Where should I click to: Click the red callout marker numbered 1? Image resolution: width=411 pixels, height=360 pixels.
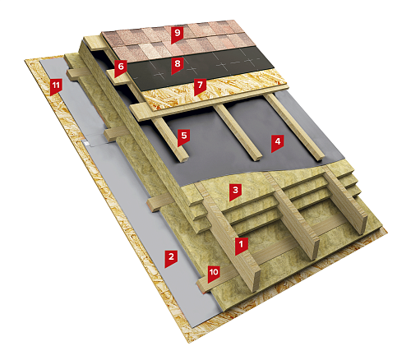coord(242,246)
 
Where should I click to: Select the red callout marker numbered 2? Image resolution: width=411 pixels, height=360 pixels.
coord(171,258)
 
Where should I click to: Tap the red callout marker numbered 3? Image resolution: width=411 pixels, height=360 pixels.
coord(235,192)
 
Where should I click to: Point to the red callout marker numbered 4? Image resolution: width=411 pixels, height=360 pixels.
coord(278,143)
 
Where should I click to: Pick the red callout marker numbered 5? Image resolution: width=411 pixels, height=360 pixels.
coord(184,137)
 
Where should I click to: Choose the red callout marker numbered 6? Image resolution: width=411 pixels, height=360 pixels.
coord(121,67)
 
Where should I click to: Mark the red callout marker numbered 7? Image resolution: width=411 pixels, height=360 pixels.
coord(200,86)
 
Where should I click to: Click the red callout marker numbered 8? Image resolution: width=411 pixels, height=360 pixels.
coord(178,65)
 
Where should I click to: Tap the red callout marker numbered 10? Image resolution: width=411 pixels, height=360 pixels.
coord(214,274)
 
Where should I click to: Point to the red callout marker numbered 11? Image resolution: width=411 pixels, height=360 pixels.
coord(56,86)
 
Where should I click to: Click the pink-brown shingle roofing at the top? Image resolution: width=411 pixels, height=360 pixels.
coord(179,41)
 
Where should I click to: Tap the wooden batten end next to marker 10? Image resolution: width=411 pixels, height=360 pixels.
coord(203,285)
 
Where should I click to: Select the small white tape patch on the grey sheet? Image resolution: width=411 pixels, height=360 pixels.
coord(87,143)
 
